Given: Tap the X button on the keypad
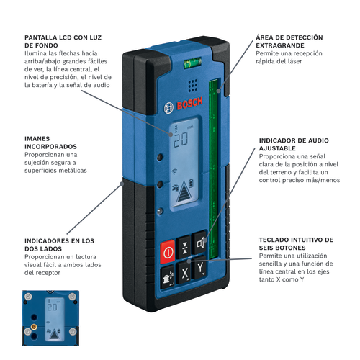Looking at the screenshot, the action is click(184, 273).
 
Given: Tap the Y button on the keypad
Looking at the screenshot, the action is click(200, 267).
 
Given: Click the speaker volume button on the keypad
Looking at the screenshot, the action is click(200, 243).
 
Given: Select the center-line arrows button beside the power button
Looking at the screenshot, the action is click(184, 248).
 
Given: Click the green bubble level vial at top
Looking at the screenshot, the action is click(193, 63).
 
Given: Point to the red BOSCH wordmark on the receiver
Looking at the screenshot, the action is click(189, 104).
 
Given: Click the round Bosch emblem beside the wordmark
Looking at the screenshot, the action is click(168, 108).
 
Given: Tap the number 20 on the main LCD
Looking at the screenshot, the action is click(181, 140).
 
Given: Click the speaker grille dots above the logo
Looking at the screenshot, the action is click(193, 86).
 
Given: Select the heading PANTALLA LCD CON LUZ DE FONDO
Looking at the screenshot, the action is click(63, 42).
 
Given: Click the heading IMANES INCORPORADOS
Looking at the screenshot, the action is click(50, 143).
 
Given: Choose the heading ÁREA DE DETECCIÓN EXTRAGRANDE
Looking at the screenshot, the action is click(289, 41).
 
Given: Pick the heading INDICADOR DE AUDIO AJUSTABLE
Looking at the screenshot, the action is click(294, 144).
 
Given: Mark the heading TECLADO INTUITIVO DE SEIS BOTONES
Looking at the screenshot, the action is click(296, 243).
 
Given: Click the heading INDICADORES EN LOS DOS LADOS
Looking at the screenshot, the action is click(59, 245).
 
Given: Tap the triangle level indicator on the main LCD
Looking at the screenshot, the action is click(184, 192).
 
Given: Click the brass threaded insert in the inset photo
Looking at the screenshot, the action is click(34, 327).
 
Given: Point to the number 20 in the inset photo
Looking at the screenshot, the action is click(52, 307).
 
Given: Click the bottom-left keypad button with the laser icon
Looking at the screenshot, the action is click(168, 277).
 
